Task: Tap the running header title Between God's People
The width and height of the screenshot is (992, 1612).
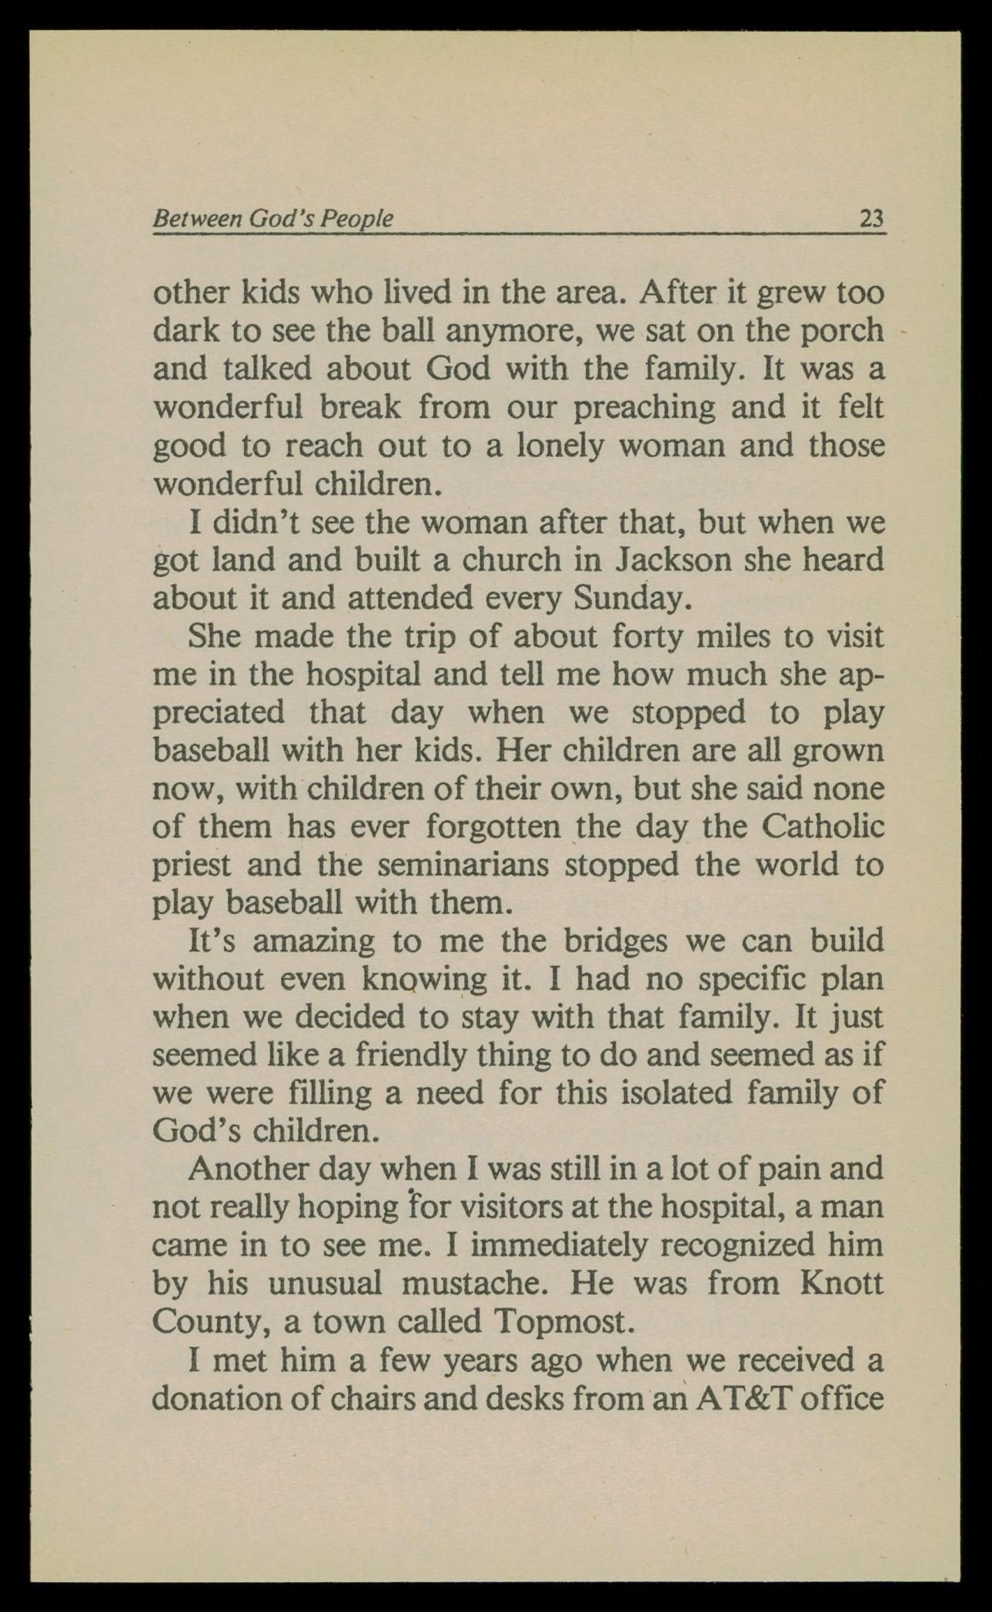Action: [273, 219]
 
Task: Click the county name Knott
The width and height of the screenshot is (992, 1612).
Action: [841, 1283]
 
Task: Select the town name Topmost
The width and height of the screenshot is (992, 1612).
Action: [563, 1322]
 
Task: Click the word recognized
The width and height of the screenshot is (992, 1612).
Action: [738, 1245]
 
